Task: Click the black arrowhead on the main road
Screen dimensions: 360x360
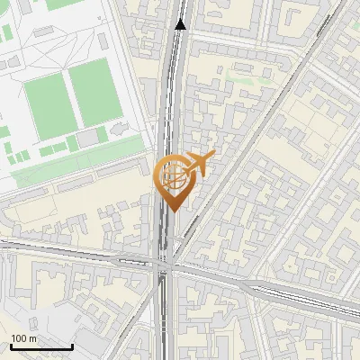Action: tap(181, 24)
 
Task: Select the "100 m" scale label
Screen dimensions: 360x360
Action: tap(24, 337)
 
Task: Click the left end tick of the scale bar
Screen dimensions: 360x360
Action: tap(11, 346)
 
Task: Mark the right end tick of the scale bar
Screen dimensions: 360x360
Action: tap(72, 346)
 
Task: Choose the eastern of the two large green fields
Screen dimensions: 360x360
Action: tap(94, 92)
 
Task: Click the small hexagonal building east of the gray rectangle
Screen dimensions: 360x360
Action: tap(116, 132)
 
